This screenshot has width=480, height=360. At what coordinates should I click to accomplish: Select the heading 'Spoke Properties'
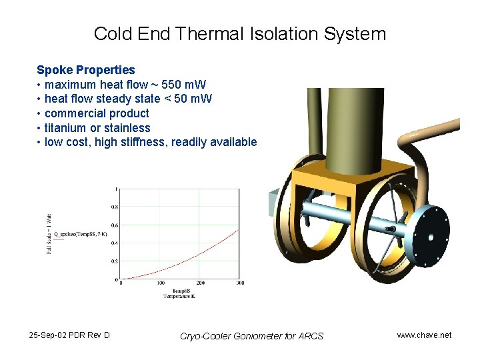click(85, 70)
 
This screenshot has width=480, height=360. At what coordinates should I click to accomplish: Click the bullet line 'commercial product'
click(97, 113)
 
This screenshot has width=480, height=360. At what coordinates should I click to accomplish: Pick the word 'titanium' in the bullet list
click(67, 128)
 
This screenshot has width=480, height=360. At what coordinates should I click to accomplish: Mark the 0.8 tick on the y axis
click(114, 207)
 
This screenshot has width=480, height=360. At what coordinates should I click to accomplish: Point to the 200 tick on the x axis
click(201, 283)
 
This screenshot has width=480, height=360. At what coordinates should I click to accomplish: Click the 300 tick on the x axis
click(240, 283)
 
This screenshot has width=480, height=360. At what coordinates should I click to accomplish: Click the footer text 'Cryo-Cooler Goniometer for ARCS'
click(251, 336)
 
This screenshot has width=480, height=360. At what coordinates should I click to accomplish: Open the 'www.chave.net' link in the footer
click(424, 335)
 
